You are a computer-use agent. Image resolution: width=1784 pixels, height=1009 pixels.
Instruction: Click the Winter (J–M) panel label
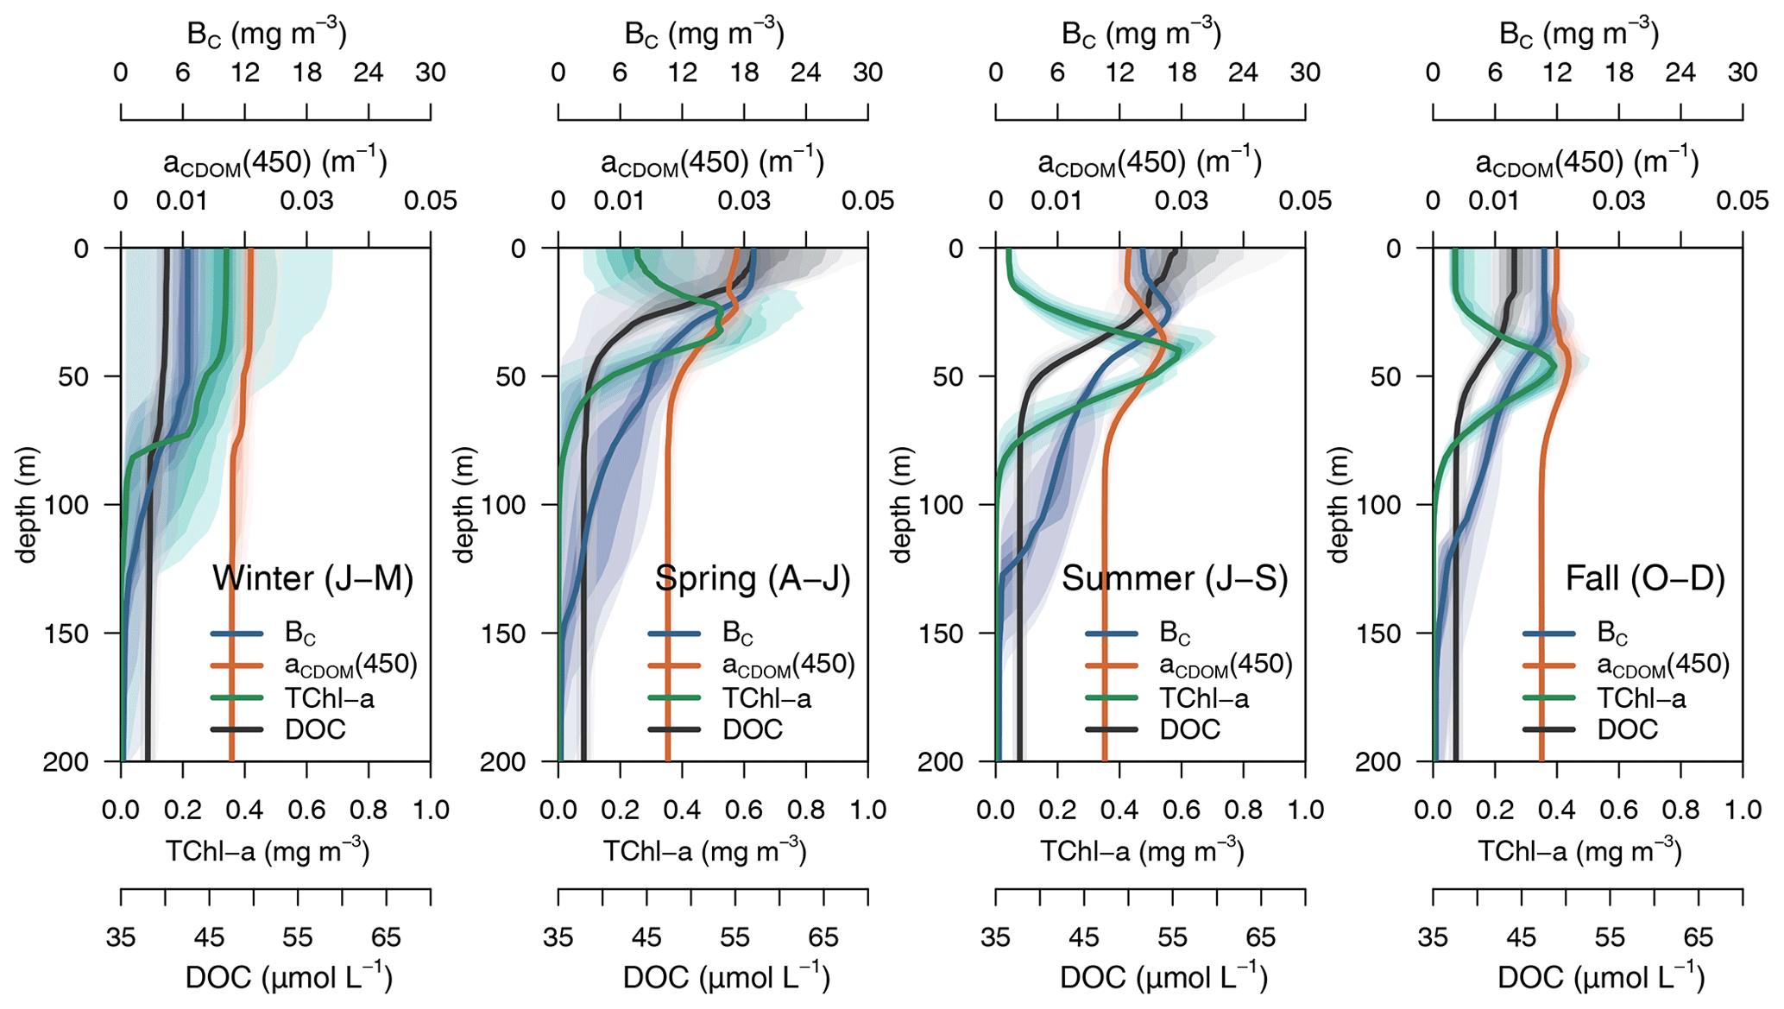312,578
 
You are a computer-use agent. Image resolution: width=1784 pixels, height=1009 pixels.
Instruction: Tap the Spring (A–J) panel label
753,578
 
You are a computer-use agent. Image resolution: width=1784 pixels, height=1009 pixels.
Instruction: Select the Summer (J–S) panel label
1175,578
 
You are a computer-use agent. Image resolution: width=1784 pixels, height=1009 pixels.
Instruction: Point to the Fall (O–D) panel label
1645,578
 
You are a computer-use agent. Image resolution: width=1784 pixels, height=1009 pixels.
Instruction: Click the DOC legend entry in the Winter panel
315,730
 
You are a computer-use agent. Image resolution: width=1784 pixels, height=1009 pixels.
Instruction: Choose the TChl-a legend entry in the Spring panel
766,698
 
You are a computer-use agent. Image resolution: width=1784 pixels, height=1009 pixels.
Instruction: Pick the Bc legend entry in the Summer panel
1175,634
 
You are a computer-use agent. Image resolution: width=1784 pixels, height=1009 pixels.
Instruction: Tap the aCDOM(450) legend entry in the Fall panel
1663,665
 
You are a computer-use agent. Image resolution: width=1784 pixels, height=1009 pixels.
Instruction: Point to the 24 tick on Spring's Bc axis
805,73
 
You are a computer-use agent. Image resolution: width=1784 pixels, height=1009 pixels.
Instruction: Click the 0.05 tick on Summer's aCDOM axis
1305,201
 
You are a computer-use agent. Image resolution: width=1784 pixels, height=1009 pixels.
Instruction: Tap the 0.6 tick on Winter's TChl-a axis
306,810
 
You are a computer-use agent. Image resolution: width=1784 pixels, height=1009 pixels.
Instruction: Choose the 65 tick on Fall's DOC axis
1698,937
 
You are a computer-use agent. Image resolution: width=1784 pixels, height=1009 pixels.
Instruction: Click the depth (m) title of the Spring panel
464,505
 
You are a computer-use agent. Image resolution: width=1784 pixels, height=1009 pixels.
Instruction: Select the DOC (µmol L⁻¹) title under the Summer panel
1163,978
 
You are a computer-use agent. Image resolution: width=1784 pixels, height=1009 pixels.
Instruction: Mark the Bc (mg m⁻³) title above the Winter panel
267,35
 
